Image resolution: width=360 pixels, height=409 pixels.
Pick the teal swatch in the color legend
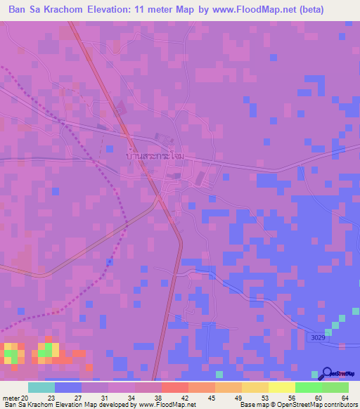pos(41,387)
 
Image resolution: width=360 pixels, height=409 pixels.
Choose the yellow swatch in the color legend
pos(281,387)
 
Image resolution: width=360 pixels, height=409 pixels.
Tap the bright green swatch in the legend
pos(308,387)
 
